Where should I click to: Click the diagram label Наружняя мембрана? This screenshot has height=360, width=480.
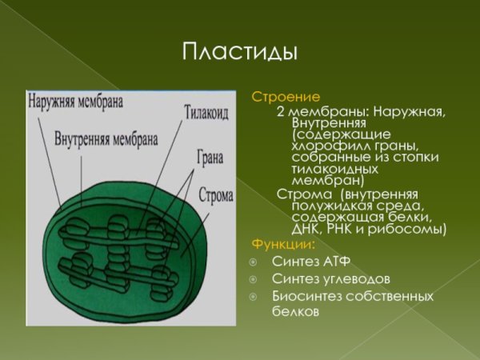(x=75, y=102)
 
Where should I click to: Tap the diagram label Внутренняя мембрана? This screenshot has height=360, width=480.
(x=105, y=137)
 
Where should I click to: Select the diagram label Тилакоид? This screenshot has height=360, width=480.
(x=206, y=113)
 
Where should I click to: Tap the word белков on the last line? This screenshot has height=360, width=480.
(x=294, y=313)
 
